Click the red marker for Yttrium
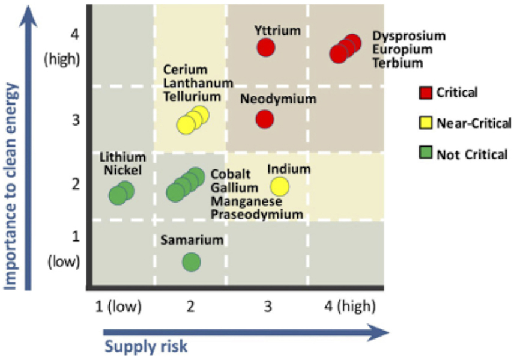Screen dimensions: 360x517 (x=266, y=47)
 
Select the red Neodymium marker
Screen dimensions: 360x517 (x=265, y=119)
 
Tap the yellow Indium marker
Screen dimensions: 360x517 (x=280, y=187)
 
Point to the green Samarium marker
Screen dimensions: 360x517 (x=191, y=261)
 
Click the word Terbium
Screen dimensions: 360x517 (x=398, y=63)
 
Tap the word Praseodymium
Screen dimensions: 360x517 (x=256, y=214)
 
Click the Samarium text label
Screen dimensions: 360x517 (x=192, y=240)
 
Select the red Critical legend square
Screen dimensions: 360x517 (x=425, y=93)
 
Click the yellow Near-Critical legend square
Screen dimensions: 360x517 (x=425, y=123)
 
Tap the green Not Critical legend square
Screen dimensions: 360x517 (x=425, y=154)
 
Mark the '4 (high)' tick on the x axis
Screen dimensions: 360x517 (x=348, y=307)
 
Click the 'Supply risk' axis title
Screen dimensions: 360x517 (x=147, y=346)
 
